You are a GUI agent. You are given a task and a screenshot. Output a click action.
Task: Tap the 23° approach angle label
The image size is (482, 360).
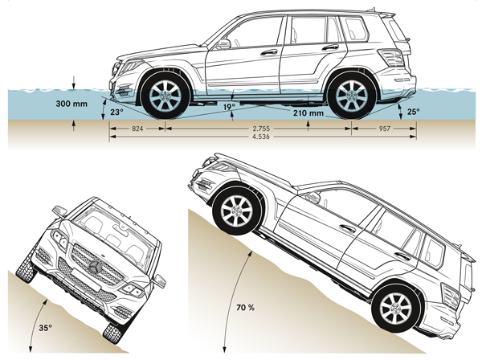click(x=117, y=112)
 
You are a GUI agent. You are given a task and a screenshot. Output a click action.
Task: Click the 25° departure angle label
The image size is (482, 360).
click(x=414, y=112)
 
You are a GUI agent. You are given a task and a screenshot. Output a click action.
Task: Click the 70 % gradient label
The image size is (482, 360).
click(x=257, y=305)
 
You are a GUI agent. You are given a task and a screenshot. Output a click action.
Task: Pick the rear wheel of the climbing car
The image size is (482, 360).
click(x=394, y=309)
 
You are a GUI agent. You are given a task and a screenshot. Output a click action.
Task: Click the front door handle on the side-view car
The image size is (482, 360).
click(x=269, y=52)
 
